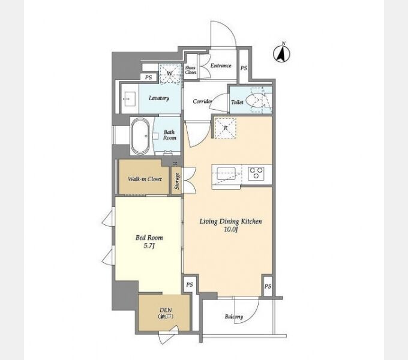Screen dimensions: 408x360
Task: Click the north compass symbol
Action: coord(281,54)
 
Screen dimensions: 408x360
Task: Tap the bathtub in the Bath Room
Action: coord(140,136)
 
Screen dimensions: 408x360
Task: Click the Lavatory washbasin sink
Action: coord(130,99)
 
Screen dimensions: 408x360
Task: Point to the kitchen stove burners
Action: coord(256,173)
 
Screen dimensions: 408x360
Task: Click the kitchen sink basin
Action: coord(226,173)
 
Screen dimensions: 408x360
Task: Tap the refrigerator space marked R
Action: coord(226,128)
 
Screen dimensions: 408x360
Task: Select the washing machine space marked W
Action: coord(170,73)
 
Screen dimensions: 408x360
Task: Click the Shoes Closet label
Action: coord(190,70)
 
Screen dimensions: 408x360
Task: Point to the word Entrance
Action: coord(221,65)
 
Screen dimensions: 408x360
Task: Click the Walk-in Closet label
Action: coord(145,179)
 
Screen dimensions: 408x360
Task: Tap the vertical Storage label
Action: coord(177,181)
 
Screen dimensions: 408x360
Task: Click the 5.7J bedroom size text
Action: coord(149,245)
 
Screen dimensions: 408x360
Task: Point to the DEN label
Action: coord(166,310)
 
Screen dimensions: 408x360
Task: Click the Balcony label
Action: coord(234,317)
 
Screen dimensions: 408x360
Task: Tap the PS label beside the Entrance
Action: coord(244,68)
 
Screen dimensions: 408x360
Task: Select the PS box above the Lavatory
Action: coord(149,77)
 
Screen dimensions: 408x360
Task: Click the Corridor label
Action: coord(203,101)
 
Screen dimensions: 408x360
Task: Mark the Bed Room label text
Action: coord(149,238)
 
